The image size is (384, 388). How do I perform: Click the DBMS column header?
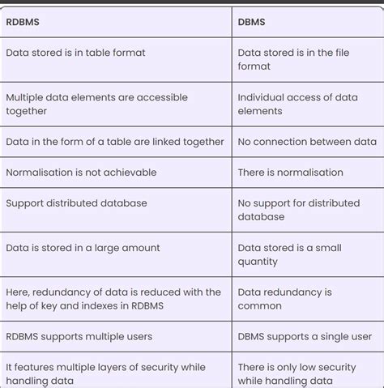[x=253, y=23]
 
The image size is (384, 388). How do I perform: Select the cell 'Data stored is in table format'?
[x=75, y=53]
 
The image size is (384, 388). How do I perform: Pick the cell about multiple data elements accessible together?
[x=96, y=104]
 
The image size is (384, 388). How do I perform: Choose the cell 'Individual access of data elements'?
[x=297, y=104]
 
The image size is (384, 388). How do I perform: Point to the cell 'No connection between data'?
[x=307, y=141]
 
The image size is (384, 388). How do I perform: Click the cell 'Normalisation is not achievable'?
[x=81, y=172]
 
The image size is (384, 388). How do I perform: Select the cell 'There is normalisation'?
[x=290, y=172]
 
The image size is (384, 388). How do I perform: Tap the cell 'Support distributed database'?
[x=76, y=203]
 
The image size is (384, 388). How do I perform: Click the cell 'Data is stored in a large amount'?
[x=83, y=247]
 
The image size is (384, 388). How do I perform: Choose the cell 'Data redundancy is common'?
[x=284, y=298]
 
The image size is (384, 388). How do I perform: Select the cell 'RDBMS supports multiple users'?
[x=79, y=336]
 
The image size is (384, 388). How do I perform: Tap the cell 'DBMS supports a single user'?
[x=305, y=336]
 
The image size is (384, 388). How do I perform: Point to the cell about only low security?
[x=297, y=373]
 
